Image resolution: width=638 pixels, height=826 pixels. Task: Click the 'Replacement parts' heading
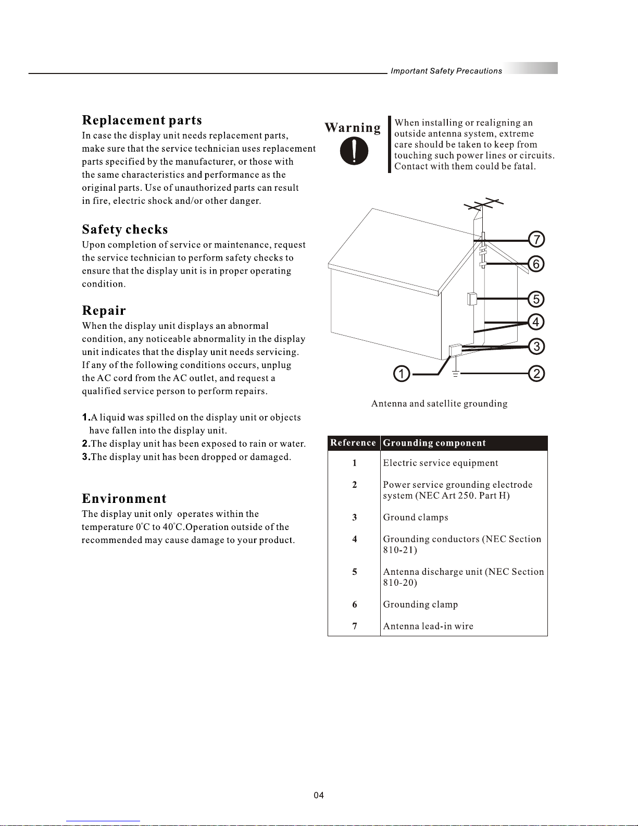[142, 120]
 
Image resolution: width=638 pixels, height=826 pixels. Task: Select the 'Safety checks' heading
[125, 230]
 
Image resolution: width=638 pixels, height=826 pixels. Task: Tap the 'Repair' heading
[104, 311]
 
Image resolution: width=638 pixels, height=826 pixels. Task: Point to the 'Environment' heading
[124, 499]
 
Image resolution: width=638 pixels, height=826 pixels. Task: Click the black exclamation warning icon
[354, 152]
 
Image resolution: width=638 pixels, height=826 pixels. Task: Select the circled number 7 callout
[536, 240]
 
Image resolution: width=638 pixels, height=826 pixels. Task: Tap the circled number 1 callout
[402, 374]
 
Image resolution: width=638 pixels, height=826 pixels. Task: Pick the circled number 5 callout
[536, 299]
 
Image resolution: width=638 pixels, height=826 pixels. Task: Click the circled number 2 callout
[536, 374]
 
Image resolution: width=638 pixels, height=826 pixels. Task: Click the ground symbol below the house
[455, 374]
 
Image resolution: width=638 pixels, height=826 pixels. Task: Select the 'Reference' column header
[353, 443]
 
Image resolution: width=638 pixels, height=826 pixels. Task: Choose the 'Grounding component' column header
[434, 443]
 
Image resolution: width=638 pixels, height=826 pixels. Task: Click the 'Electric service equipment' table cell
[441, 463]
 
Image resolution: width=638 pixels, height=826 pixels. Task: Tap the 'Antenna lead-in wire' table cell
[428, 626]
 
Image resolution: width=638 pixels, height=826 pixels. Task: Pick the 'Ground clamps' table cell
[416, 517]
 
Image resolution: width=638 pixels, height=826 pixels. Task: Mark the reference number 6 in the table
[355, 605]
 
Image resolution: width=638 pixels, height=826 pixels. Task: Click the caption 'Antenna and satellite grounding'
[439, 404]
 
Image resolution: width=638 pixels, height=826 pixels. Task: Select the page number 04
[319, 795]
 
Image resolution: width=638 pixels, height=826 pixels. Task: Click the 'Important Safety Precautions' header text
[446, 71]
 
